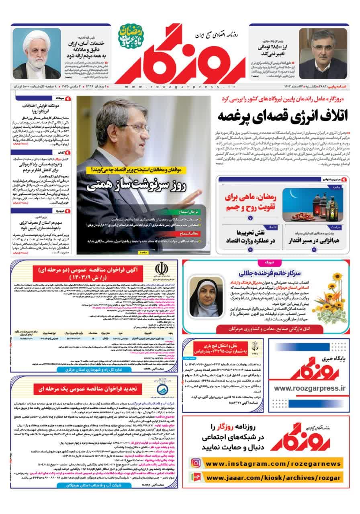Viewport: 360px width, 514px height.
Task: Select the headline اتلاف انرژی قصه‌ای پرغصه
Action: (x=282, y=115)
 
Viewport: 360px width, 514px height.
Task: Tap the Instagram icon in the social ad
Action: (x=196, y=463)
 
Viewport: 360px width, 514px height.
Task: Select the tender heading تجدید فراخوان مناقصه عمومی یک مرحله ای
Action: (x=96, y=389)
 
